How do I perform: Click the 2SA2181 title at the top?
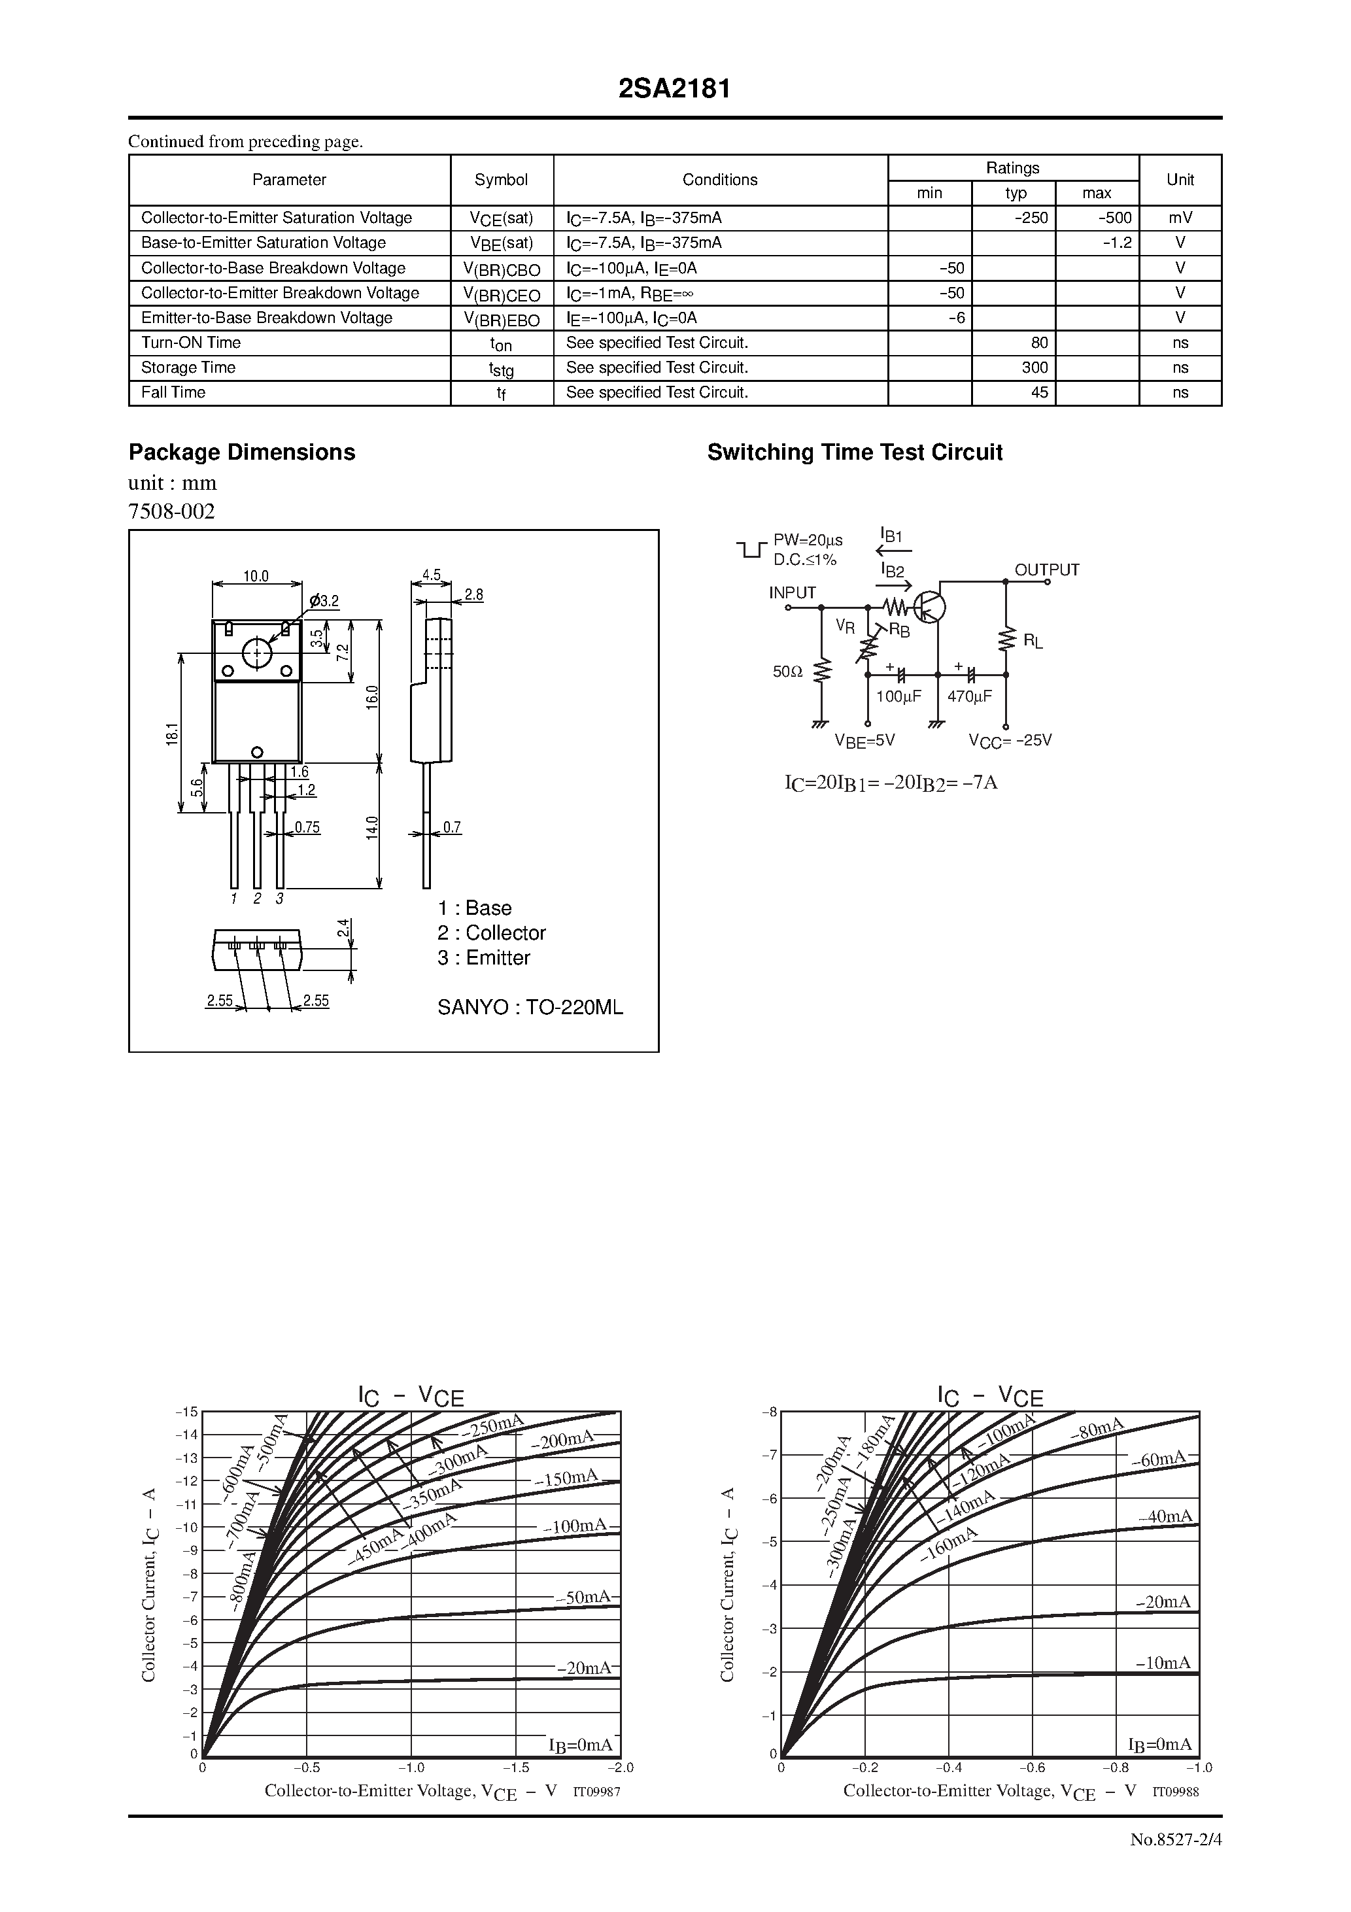click(675, 90)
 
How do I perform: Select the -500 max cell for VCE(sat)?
click(1114, 218)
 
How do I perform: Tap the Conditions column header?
click(720, 180)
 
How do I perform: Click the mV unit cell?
click(1180, 218)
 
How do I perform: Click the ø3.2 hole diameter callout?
click(324, 600)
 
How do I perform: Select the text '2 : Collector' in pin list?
click(492, 932)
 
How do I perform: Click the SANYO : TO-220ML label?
click(530, 1008)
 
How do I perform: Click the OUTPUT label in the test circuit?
click(1046, 570)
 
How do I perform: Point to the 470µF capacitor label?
click(970, 696)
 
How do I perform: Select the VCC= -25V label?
click(1010, 740)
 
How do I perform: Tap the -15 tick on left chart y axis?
click(186, 1412)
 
